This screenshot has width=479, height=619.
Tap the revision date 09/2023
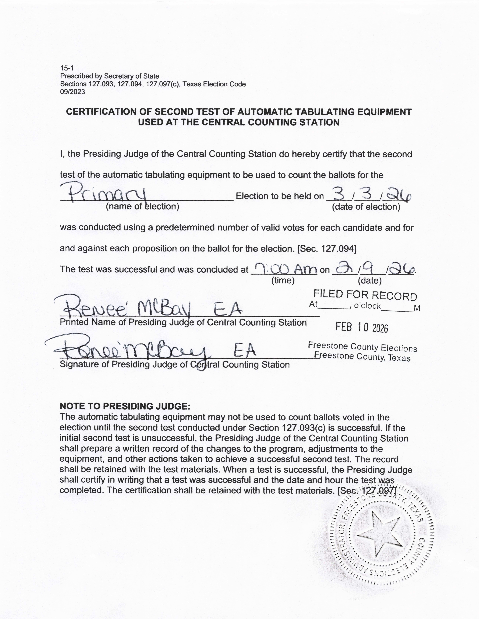[72, 92]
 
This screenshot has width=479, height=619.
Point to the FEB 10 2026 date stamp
[362, 327]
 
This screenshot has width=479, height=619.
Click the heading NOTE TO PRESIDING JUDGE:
[125, 406]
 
